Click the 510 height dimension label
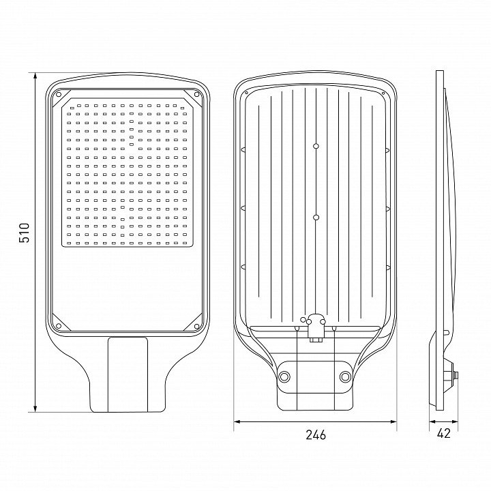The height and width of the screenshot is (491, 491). click(x=24, y=233)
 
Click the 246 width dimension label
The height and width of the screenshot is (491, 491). click(x=316, y=434)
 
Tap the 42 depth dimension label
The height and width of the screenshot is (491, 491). click(x=443, y=433)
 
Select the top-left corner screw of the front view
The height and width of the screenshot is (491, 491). click(x=58, y=94)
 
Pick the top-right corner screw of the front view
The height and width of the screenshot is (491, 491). click(x=196, y=94)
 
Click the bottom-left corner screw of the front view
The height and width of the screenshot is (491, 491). click(x=58, y=326)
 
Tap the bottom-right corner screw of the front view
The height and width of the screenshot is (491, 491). click(x=196, y=326)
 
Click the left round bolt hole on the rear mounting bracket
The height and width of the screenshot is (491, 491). click(x=284, y=376)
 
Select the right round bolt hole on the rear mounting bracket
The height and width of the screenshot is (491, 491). click(x=345, y=376)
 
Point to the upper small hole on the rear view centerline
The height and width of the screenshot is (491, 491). click(x=316, y=146)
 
